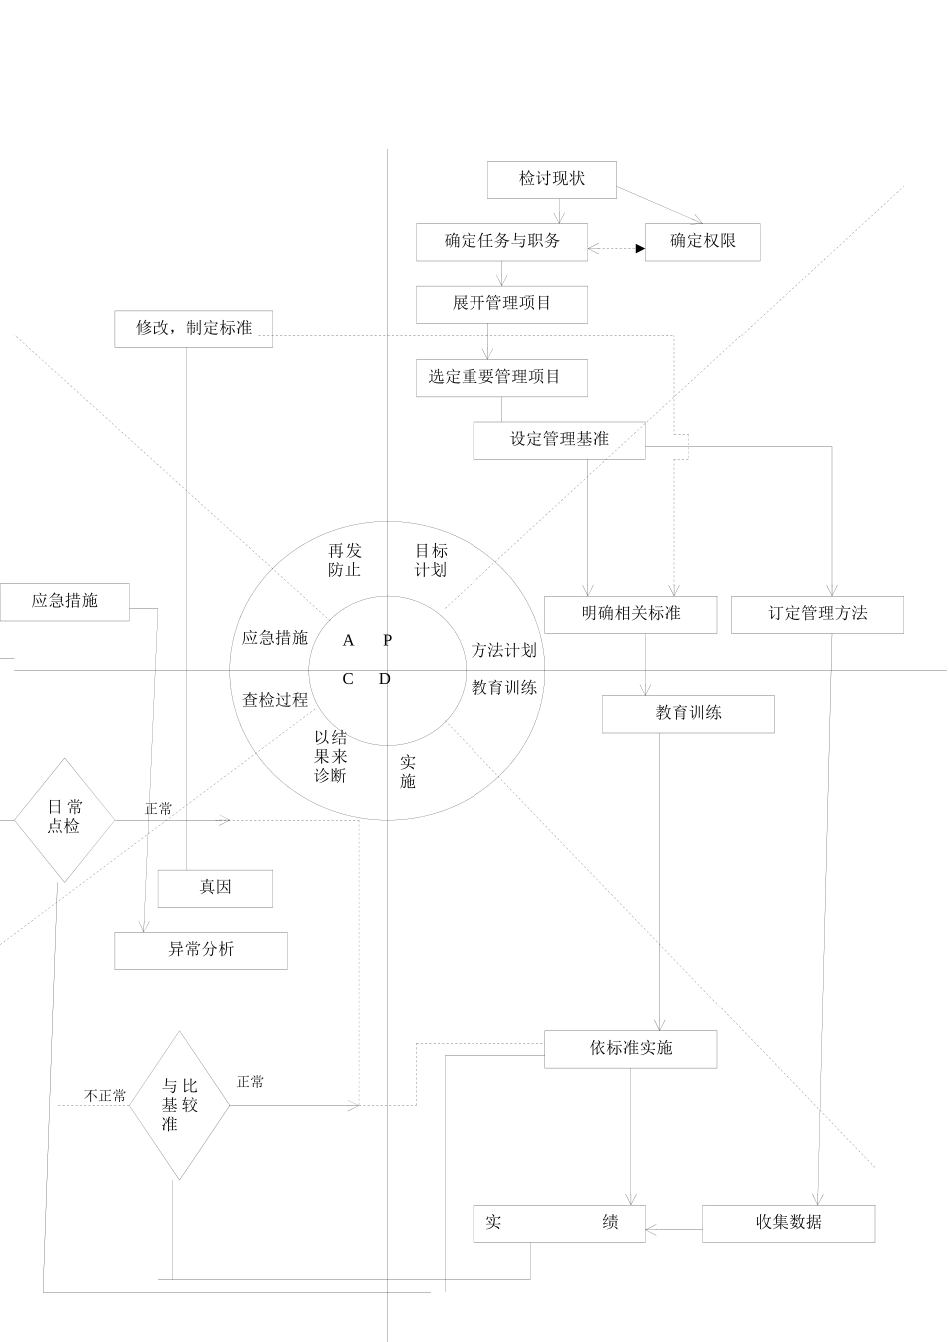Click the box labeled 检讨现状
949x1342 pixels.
tap(551, 179)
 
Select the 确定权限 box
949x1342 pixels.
tap(702, 241)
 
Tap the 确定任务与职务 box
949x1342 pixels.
tap(501, 241)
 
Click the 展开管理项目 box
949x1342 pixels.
tap(501, 303)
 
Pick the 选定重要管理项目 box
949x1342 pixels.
tap(501, 377)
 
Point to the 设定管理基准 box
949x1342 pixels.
tap(558, 439)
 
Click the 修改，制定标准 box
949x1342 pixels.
tap(193, 328)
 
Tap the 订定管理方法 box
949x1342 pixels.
tap(817, 613)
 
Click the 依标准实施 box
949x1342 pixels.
tap(630, 1048)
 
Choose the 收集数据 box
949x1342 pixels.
tap(788, 1222)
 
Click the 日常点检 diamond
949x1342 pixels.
tap(64, 818)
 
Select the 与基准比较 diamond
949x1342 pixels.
tap(179, 1104)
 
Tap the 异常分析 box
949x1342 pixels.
tap(200, 949)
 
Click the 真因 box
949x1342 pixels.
tap(215, 887)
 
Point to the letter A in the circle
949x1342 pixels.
tap(348, 641)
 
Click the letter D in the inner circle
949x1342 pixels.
tap(385, 680)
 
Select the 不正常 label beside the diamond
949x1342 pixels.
tap(105, 1096)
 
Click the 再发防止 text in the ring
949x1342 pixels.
tap(344, 560)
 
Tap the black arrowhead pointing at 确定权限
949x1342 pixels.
tap(640, 248)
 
